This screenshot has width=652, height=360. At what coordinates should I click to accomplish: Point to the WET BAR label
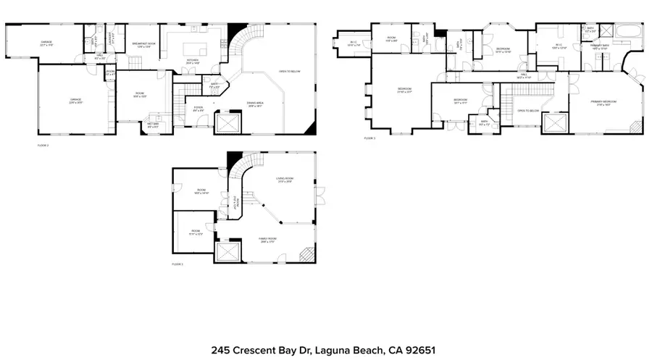pyautogui.click(x=153, y=125)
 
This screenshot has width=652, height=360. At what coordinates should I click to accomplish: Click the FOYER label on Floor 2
pyautogui.click(x=197, y=109)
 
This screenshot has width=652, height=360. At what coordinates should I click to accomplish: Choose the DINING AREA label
pyautogui.click(x=254, y=104)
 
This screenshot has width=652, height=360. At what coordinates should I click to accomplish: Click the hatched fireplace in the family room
pyautogui.click(x=307, y=254)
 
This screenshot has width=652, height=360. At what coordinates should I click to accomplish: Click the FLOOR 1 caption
pyautogui.click(x=177, y=265)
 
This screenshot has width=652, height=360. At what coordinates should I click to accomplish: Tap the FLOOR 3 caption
pyautogui.click(x=369, y=138)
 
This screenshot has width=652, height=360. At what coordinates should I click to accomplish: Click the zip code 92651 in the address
pyautogui.click(x=419, y=349)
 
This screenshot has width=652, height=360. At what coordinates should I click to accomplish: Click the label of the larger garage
pyautogui.click(x=75, y=101)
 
